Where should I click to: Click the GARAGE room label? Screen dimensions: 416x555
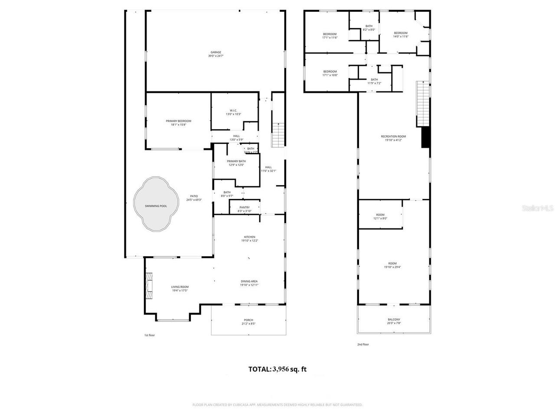[215, 52]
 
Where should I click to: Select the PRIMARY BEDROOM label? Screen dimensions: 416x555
[178, 121]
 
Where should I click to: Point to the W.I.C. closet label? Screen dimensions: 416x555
[233, 110]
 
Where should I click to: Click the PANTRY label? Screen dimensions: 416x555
[244, 208]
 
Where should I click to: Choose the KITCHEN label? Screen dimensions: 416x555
[249, 237]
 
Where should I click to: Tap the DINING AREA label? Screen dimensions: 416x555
[249, 281]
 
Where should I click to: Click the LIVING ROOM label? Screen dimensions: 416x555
[180, 287]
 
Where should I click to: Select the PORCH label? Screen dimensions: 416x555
[248, 320]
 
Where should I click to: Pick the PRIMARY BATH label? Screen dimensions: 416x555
[236, 161]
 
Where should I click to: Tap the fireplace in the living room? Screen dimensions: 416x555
[149, 286]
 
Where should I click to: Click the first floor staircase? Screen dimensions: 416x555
[277, 135]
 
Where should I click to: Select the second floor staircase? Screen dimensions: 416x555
[422, 103]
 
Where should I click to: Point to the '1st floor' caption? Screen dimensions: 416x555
[149, 335]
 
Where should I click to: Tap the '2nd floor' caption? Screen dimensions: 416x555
[362, 344]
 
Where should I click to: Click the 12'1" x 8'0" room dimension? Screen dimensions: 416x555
[380, 218]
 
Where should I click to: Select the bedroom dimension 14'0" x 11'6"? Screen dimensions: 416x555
[401, 36]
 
